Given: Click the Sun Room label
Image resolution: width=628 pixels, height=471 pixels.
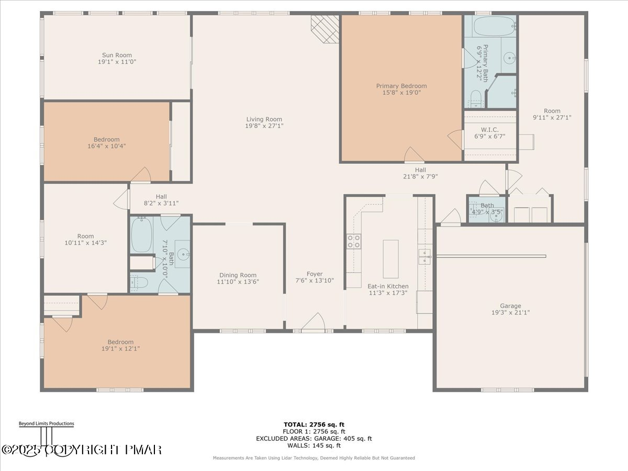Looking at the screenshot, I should pos(117,55).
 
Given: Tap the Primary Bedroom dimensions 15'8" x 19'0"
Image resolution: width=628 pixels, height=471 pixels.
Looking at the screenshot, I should pos(401,93).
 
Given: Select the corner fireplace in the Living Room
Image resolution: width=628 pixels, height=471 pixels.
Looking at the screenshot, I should pos(325,28).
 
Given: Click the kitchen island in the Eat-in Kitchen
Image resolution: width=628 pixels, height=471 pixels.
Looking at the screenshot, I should pos(390,259).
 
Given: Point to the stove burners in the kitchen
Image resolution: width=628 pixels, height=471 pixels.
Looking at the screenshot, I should pos(354,241).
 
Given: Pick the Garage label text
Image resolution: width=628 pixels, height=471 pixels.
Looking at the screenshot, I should pos(510,306).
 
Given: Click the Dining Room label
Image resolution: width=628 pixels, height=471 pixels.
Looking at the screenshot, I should pos(238,275).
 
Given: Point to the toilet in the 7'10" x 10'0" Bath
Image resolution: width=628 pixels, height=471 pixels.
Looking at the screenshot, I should pos(140,283).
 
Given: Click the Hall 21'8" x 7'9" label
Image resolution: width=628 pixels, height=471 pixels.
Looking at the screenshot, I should pos(420,170).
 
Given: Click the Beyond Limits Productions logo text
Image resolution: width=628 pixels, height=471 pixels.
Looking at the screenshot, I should pos(46,424).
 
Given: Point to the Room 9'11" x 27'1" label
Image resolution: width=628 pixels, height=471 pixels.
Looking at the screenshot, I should pos(552,111).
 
